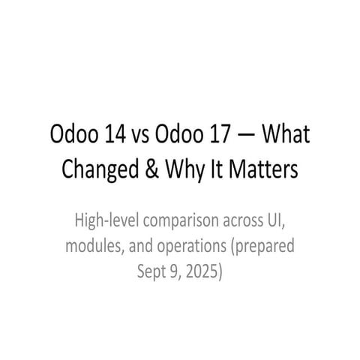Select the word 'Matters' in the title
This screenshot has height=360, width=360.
tap(264, 170)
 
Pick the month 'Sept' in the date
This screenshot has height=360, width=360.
tap(151, 269)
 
